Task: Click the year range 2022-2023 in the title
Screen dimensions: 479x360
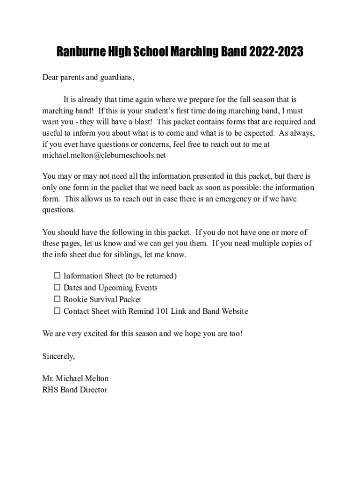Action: tap(275, 52)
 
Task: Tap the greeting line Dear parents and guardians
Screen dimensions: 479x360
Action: tap(88, 78)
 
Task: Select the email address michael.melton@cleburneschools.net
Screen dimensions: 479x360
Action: tap(104, 155)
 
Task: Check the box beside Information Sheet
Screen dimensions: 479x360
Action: tap(57, 276)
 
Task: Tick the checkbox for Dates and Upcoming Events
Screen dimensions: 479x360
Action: tap(57, 287)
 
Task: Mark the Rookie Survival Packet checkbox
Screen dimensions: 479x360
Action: tap(57, 299)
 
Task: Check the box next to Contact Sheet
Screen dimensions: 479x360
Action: tap(57, 311)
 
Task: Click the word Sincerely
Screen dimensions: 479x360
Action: tap(58, 356)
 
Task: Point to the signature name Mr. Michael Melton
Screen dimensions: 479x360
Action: tap(75, 378)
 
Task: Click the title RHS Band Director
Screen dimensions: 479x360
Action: tap(75, 390)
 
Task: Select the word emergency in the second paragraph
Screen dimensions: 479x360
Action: tap(231, 199)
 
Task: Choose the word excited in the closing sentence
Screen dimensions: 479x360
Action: tap(100, 334)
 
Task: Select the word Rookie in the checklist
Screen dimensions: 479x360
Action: tap(76, 299)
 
